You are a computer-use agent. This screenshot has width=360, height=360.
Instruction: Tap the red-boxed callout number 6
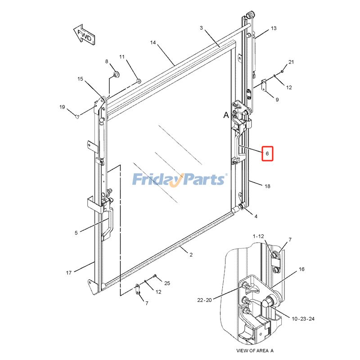(267, 153)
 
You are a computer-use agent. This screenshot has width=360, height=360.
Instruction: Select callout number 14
(153, 42)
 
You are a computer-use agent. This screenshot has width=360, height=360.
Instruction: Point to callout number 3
(201, 28)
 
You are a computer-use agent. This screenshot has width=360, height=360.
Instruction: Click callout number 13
(274, 28)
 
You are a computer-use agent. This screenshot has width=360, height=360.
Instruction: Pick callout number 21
(291, 62)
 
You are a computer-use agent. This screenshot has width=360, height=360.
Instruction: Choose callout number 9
(277, 99)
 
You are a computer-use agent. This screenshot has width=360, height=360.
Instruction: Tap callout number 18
(267, 186)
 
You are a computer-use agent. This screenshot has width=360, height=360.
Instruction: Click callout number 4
(256, 216)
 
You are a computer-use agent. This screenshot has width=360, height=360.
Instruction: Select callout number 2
(191, 255)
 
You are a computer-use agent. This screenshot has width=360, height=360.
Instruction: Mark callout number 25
(167, 283)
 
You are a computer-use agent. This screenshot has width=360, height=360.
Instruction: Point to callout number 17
(69, 273)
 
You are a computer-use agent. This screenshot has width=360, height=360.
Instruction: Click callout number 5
(76, 233)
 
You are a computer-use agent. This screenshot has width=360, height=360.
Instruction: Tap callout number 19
(62, 107)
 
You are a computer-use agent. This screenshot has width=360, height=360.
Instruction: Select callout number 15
(80, 79)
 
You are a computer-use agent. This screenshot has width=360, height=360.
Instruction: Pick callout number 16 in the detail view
(301, 269)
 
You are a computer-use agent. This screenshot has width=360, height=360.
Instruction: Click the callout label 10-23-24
(303, 319)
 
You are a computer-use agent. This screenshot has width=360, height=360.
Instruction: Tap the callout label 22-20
(204, 300)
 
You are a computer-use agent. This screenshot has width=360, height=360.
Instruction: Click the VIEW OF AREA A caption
(255, 351)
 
